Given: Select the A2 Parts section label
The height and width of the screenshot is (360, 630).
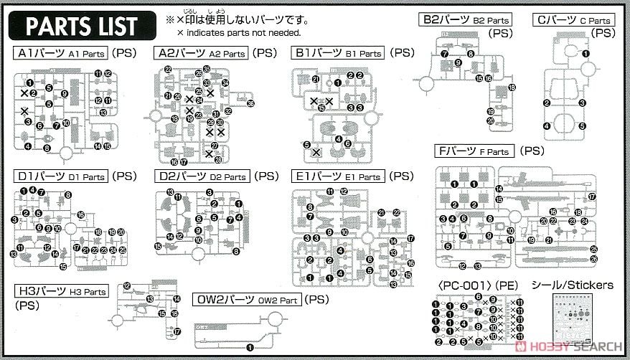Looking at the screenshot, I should [x=200, y=53].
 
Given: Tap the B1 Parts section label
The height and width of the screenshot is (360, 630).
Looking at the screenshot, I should [x=338, y=53].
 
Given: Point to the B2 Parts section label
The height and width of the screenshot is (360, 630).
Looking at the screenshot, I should [x=466, y=20].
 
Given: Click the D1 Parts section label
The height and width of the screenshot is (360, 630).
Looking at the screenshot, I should [x=61, y=176].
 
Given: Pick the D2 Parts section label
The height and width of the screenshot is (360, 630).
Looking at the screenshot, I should [x=202, y=176].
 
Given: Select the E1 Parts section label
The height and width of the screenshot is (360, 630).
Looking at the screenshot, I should [x=338, y=176].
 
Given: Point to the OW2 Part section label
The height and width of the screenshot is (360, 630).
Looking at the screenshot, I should [x=248, y=299].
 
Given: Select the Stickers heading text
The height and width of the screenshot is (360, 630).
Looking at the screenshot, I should [x=572, y=285].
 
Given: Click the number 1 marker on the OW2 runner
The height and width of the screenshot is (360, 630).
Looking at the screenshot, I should [x=250, y=347].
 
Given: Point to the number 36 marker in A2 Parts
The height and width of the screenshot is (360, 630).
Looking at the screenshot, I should [x=250, y=103].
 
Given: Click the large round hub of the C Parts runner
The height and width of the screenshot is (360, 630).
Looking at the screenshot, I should [x=588, y=69].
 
